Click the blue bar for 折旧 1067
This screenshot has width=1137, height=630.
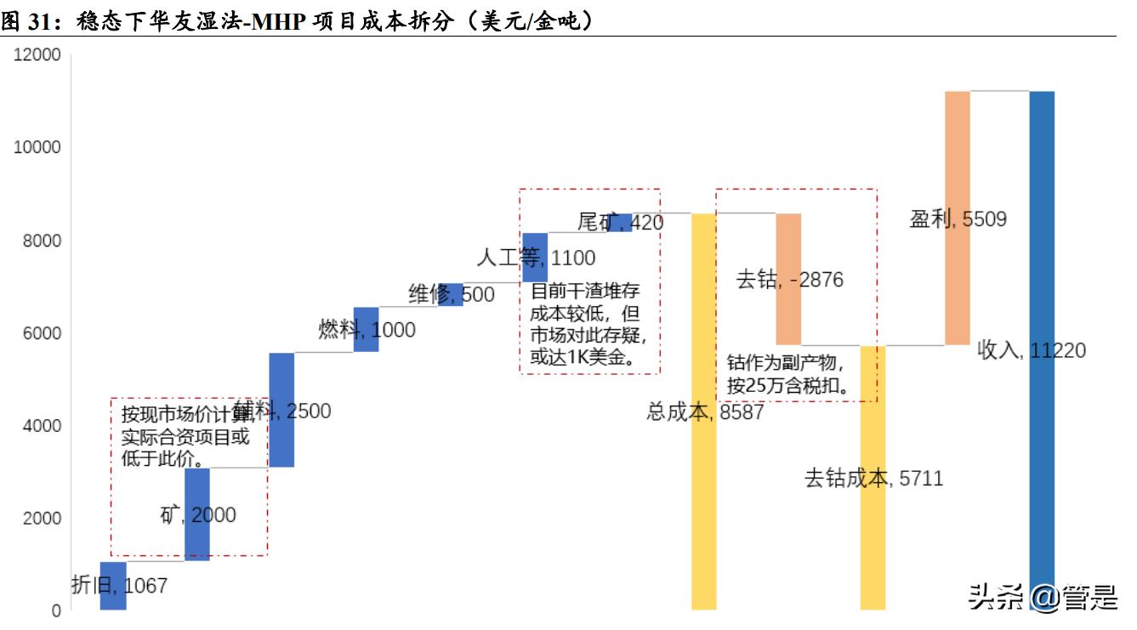(113, 586)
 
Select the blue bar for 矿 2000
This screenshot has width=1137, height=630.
(197, 514)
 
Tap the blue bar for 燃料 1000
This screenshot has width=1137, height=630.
(366, 329)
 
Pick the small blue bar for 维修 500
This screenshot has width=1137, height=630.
(451, 294)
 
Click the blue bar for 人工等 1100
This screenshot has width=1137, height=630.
(535, 257)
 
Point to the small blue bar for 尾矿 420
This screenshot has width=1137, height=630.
(619, 222)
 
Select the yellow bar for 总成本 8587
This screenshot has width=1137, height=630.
(703, 411)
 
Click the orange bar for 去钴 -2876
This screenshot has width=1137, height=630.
(788, 279)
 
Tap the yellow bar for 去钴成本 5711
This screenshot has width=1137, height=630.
(873, 478)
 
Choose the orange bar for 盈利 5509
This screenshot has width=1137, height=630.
(958, 218)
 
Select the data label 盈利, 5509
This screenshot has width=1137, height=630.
(958, 219)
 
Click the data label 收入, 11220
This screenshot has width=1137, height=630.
(1032, 350)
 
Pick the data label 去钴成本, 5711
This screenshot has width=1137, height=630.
(873, 479)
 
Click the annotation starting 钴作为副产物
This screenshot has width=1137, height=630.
(789, 374)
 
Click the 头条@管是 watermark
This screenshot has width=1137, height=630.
(1043, 599)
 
